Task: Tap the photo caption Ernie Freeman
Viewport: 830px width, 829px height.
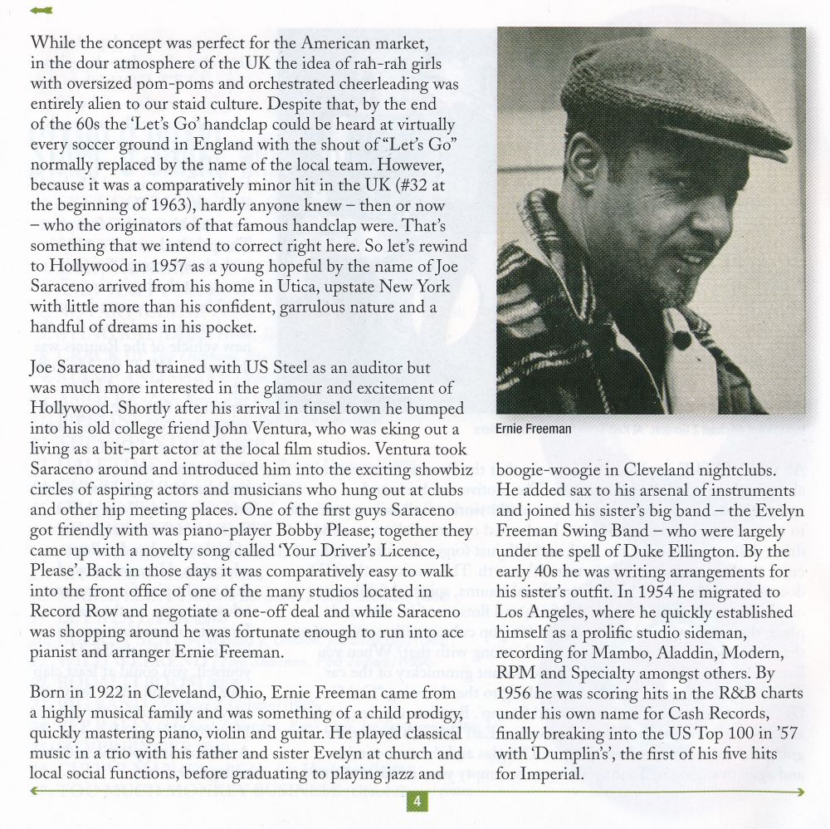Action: point(534,429)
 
